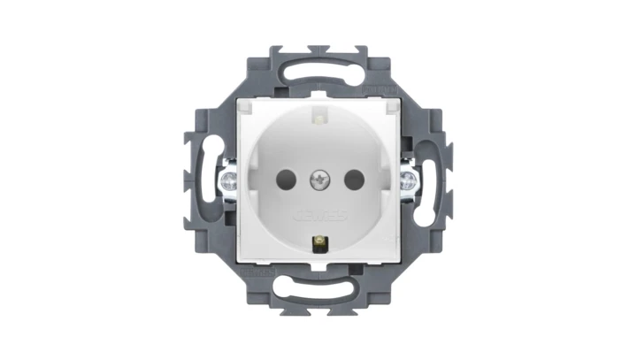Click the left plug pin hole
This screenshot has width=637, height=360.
pyautogui.click(x=286, y=180)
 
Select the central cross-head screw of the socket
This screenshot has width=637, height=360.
pyautogui.click(x=318, y=181)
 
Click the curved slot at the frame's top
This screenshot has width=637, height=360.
pyautogui.click(x=318, y=67)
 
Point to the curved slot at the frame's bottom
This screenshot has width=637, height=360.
pyautogui.click(x=318, y=292)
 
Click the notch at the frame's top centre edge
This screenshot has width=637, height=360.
pyautogui.click(x=318, y=50)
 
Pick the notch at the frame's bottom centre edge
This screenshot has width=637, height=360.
pyautogui.click(x=318, y=310)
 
